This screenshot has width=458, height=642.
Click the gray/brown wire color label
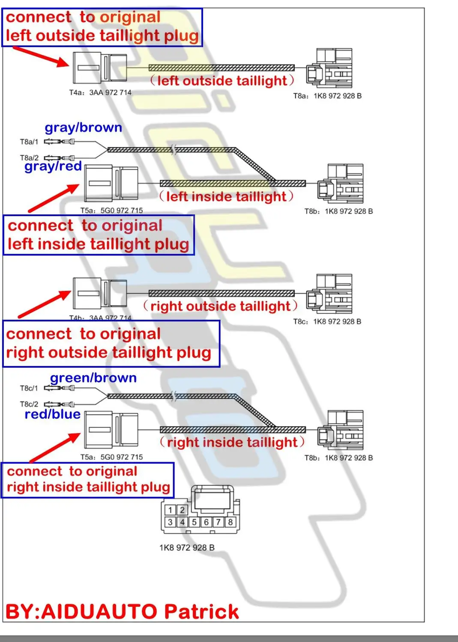point(83,128)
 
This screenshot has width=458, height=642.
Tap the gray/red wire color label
point(53,166)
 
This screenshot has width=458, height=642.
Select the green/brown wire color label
point(93,378)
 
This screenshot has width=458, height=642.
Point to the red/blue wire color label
point(53,414)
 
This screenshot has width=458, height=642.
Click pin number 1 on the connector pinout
point(170,510)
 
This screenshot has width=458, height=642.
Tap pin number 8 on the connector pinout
point(230,522)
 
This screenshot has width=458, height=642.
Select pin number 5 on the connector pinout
point(194,522)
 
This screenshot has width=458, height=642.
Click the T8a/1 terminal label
point(29,142)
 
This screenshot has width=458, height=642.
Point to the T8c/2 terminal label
point(29,404)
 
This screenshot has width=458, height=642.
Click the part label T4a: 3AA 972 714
point(100,92)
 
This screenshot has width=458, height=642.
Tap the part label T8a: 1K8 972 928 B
point(327,96)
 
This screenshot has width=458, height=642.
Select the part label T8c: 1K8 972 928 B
point(327,321)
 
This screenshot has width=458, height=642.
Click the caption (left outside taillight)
point(222,80)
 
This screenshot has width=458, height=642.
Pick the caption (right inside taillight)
point(232,442)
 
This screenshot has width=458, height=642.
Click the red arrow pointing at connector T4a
point(41,56)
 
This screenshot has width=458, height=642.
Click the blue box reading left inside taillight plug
point(99,235)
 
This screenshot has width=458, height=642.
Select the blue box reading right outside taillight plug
point(111,344)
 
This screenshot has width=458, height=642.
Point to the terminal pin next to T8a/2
point(59,158)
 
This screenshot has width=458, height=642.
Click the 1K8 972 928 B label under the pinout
point(187,548)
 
